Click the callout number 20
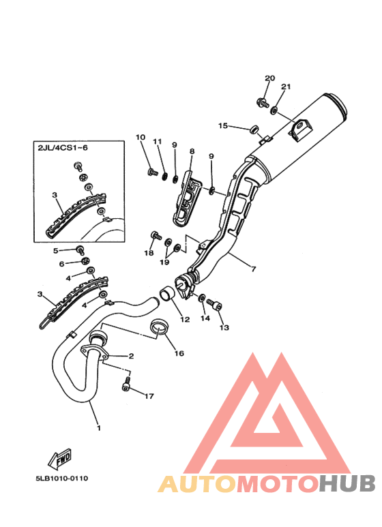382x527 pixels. point(269,78)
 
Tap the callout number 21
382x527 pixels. point(286,87)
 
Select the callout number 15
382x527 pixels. point(223,125)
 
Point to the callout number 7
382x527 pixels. point(253,269)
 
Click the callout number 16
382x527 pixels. point(179,353)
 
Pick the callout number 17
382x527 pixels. point(149,396)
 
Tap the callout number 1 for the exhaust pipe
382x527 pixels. point(99,428)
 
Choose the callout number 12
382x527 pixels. point(185,319)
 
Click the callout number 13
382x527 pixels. point(224,327)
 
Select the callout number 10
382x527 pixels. point(141,137)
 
